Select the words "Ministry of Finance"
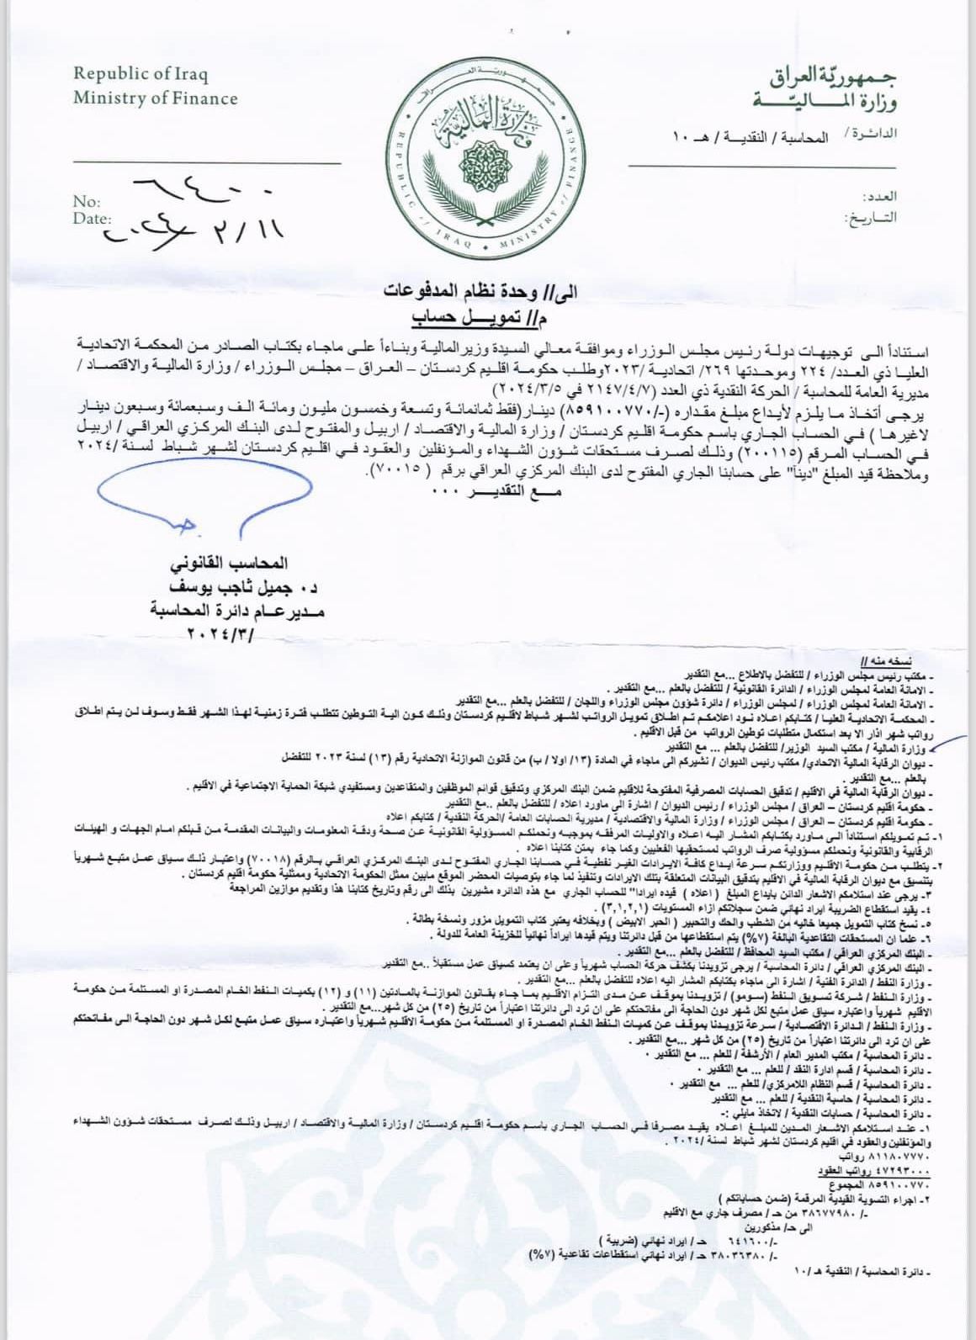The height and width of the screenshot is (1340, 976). (155, 98)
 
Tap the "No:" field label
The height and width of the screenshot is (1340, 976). (87, 202)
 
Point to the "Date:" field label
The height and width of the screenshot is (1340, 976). (92, 219)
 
